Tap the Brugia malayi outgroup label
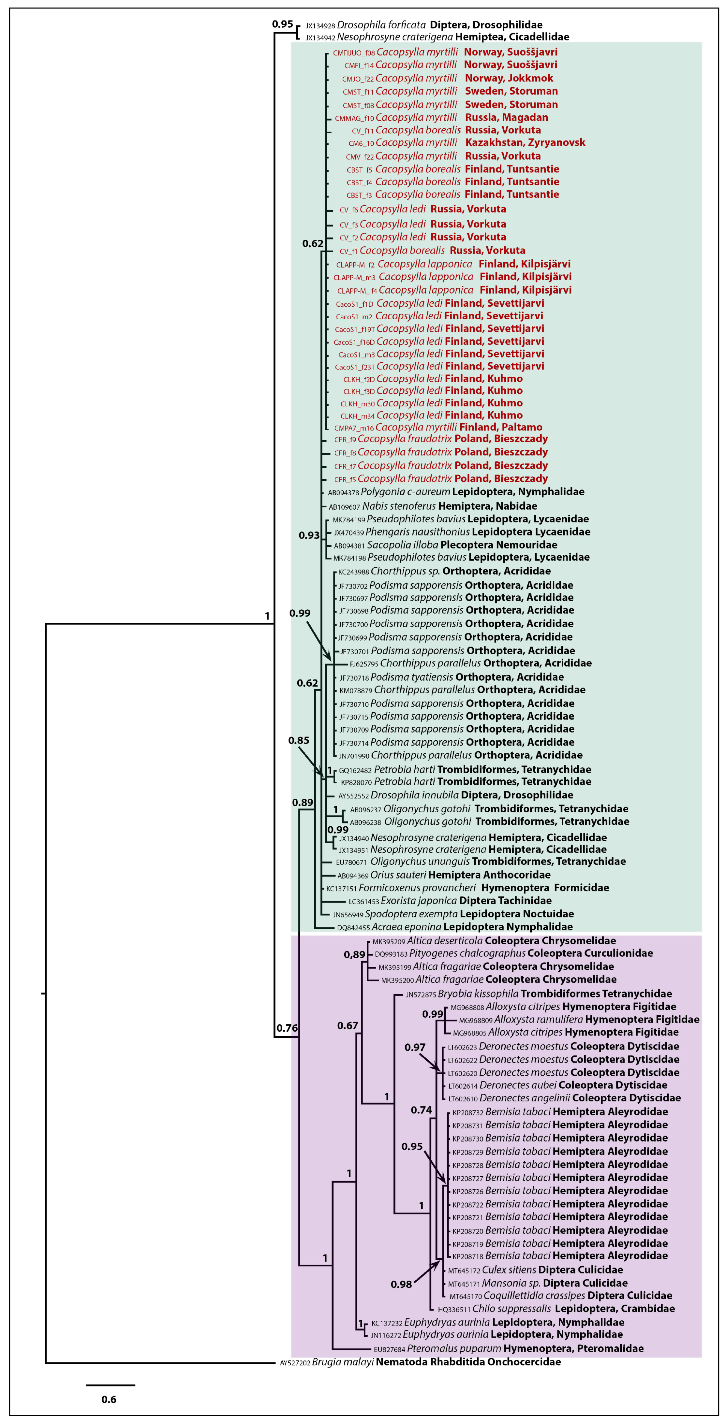(x=343, y=1362)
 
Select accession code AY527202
(x=295, y=1363)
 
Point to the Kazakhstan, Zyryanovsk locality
(x=525, y=142)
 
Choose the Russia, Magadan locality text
(x=507, y=117)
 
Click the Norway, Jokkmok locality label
(x=509, y=78)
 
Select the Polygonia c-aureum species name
(x=406, y=492)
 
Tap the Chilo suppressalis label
(x=511, y=1309)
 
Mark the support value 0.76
(x=287, y=1028)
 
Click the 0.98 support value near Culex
(x=401, y=1284)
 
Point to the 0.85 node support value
(x=299, y=740)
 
